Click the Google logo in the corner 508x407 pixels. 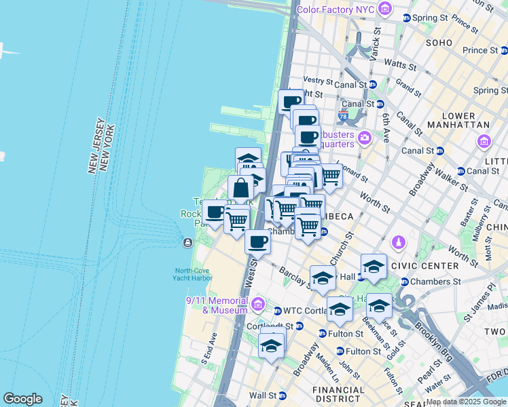coord(22,399)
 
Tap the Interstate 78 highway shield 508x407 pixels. coord(343,117)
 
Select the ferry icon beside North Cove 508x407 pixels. coord(187,243)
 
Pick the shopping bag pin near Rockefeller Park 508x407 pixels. coord(240,188)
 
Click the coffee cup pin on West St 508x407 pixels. coord(257,241)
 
